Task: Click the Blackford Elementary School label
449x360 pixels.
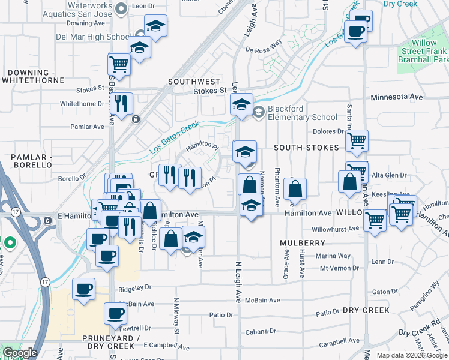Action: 303,112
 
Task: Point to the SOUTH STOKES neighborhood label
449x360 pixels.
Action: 307,148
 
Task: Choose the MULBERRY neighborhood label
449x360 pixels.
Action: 302,243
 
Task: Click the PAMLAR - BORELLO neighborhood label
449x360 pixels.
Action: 25,161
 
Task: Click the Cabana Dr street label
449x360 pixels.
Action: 264,331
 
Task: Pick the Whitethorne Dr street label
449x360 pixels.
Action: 82,103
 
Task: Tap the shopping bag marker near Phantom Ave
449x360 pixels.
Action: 295,189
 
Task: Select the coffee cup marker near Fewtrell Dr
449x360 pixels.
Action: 115,313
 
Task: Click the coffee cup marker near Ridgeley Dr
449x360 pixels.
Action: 83,289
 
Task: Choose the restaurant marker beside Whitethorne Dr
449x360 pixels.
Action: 122,104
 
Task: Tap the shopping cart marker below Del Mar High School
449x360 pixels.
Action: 119,63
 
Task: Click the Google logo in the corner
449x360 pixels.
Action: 19,353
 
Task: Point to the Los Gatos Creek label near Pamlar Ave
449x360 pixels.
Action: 173,134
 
